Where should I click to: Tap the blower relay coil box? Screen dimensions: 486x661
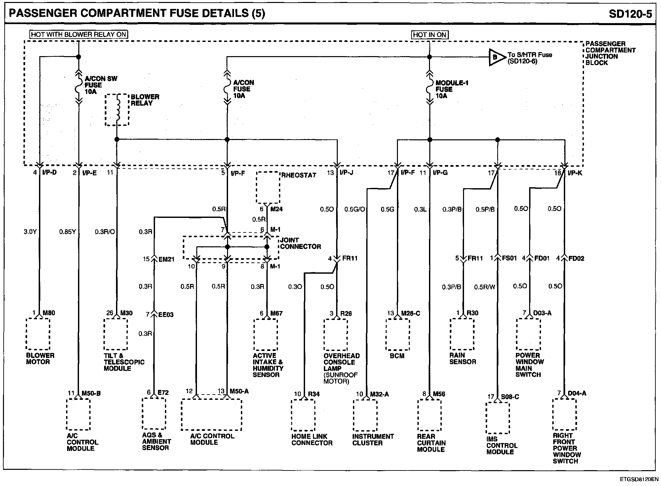(x=117, y=110)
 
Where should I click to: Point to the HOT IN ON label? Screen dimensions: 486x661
(x=430, y=35)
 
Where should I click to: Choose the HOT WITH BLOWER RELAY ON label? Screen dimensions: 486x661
(x=79, y=34)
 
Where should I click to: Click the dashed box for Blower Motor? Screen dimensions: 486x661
(x=38, y=334)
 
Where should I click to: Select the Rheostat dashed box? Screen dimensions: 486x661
(x=268, y=188)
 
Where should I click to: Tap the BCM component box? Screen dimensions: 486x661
(x=398, y=334)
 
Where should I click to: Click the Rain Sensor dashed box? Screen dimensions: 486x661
(x=462, y=334)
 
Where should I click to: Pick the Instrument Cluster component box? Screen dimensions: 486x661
(x=365, y=415)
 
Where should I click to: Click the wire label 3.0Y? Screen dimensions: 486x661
(x=30, y=232)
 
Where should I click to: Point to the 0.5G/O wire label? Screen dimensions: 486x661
(x=354, y=209)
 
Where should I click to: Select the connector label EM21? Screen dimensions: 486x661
(x=166, y=260)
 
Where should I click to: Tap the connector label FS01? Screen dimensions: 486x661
(x=509, y=258)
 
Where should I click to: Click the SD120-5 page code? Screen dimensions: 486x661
(x=630, y=14)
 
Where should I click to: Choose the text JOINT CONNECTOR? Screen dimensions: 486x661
(x=300, y=243)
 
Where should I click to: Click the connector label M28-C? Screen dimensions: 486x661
(x=410, y=313)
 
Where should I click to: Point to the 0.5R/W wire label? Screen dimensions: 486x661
(x=485, y=287)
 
